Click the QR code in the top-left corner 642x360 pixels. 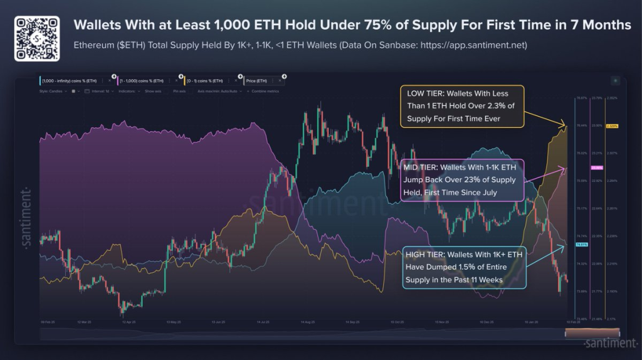tap(37, 38)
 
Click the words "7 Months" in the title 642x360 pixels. tap(602, 25)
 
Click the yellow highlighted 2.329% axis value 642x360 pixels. tap(613, 126)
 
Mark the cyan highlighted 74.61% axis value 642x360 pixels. tap(581, 244)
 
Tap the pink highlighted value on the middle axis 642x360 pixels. tap(597, 167)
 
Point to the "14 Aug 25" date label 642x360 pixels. tap(308, 322)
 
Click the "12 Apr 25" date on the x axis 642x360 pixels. tap(130, 322)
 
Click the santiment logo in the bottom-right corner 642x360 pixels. tap(609, 343)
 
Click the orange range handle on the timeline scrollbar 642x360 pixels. tap(592, 332)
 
